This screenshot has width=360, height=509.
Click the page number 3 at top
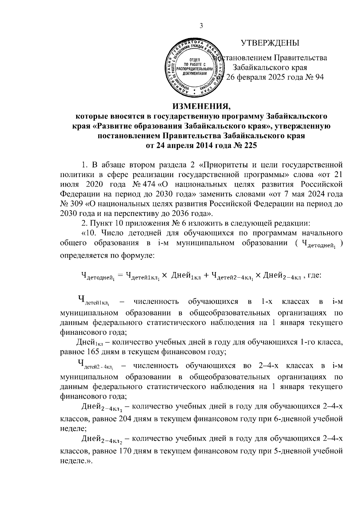201,26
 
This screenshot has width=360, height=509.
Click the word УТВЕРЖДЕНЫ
270,43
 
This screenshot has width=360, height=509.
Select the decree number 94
318,77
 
